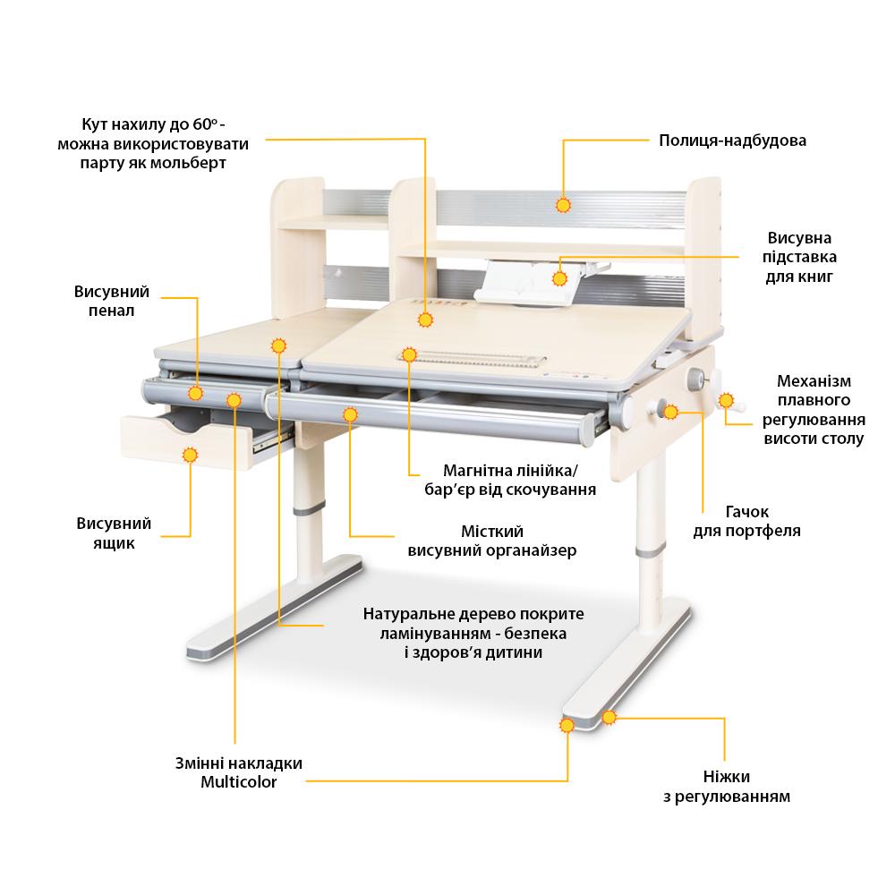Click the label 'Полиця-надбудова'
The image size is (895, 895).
pos(732,141)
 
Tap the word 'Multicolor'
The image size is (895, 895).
pos(239,781)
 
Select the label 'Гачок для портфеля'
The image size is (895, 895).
pos(746,521)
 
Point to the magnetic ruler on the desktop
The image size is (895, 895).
pos(472,359)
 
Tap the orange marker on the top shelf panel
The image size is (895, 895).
pos(563,206)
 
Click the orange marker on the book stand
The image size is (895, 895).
pos(559,278)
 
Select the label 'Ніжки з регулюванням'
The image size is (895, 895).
pos(727,786)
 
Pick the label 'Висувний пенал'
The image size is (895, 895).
pos(111,301)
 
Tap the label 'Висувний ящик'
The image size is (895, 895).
pos(114,533)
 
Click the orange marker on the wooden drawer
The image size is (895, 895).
pos(190,455)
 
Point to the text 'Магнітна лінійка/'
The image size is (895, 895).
pos(511,471)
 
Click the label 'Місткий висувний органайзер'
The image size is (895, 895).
pos(492,541)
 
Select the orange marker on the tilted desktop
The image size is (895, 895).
pos(424,320)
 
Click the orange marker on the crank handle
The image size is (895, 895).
pos(726,400)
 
